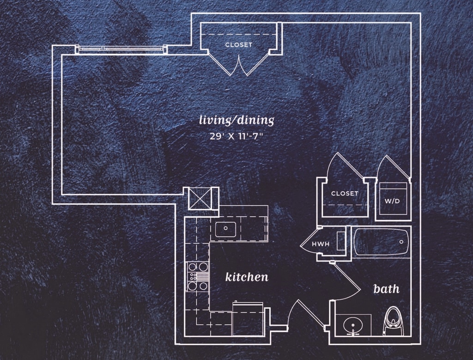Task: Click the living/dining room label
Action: pyautogui.click(x=236, y=121)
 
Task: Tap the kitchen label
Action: pyautogui.click(x=247, y=277)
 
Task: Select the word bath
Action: pyautogui.click(x=387, y=288)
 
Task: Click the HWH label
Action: pyautogui.click(x=321, y=244)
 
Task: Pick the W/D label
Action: pyautogui.click(x=392, y=201)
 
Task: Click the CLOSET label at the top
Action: pyautogui.click(x=239, y=45)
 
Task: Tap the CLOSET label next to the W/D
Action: pyautogui.click(x=345, y=193)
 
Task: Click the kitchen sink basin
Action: pyautogui.click(x=225, y=229)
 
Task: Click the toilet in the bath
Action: pyautogui.click(x=394, y=321)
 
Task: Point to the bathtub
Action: pyautogui.click(x=381, y=242)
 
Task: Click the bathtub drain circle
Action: pyautogui.click(x=401, y=242)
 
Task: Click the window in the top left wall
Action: pyautogui.click(x=121, y=49)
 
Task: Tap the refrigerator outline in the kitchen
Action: pyautogui.click(x=248, y=319)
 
